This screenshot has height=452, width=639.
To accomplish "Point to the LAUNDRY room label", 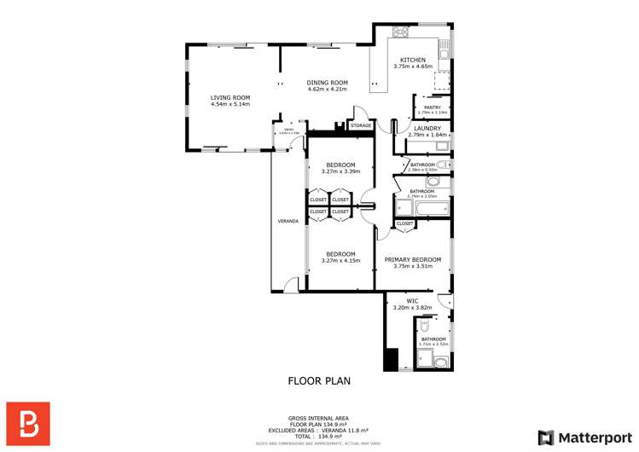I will coord(427,128).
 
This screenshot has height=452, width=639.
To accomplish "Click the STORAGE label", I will coord(360,125).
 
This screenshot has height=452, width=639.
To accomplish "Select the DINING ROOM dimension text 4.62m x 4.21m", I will coord(328,89).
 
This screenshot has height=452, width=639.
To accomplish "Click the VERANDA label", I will coord(288,221).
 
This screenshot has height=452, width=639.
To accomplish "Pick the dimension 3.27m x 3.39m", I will coord(340,171).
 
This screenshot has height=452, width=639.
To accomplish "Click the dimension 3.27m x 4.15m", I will coord(340,260).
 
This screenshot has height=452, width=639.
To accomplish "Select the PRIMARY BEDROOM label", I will coord(413,259).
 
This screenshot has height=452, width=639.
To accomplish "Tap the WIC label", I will coord(412,300).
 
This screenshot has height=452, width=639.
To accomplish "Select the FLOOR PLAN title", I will coord(319,381).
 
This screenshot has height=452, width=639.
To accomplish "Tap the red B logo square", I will coord(28,423).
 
